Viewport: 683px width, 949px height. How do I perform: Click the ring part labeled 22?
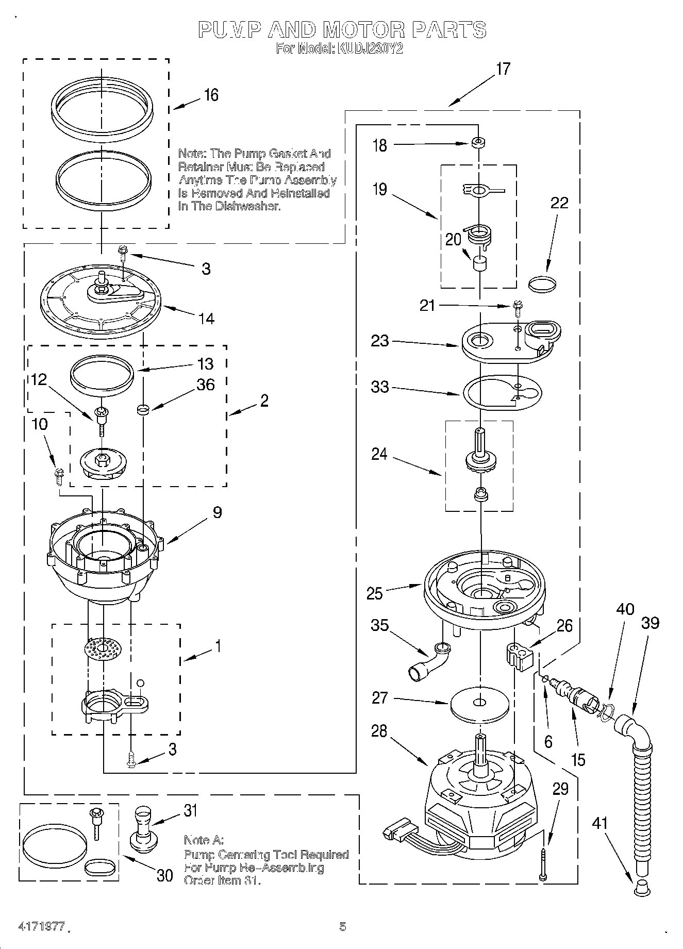click(543, 283)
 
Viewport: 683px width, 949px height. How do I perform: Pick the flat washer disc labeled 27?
click(479, 704)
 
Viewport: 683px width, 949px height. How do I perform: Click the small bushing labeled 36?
click(143, 410)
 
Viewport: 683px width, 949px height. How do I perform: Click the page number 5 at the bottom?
click(342, 927)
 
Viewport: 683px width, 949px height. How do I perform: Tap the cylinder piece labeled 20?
click(480, 264)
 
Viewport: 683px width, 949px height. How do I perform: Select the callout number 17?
click(503, 69)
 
